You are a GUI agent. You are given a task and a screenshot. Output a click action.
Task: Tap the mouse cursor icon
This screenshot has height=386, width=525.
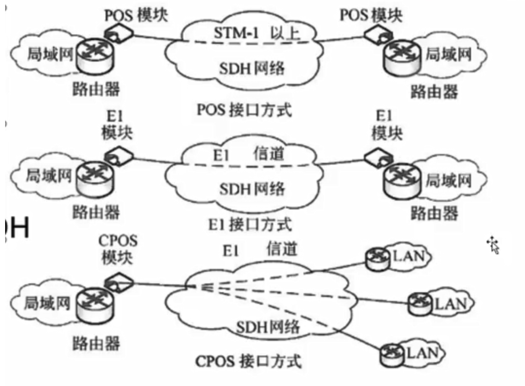[x=494, y=245]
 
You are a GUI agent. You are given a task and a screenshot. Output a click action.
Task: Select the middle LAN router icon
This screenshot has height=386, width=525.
[x=418, y=303]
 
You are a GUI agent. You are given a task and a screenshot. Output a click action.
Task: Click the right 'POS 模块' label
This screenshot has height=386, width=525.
[x=371, y=15]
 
